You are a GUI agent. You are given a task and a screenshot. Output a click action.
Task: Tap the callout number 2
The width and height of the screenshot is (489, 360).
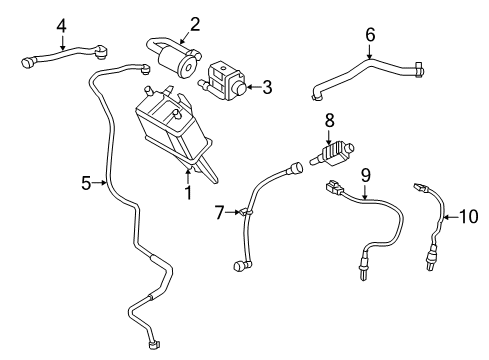pyautogui.click(x=196, y=23)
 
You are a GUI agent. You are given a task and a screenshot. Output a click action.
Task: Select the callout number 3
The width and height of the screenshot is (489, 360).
pyautogui.click(x=268, y=87)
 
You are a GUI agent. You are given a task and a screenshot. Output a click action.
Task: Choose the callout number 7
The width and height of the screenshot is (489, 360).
pyautogui.click(x=220, y=212)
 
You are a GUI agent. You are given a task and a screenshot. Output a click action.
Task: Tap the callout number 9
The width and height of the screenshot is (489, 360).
pyautogui.click(x=365, y=174)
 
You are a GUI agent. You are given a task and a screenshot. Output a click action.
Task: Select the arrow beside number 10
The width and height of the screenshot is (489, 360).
pyautogui.click(x=450, y=216)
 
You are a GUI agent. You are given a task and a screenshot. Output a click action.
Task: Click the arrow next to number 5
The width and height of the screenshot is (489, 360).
pyautogui.click(x=101, y=182)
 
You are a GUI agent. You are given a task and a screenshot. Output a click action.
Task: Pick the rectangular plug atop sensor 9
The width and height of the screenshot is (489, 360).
pyautogui.click(x=334, y=187)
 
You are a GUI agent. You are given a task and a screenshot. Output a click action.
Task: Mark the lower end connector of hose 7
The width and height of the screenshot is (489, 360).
pyautogui.click(x=239, y=265)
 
